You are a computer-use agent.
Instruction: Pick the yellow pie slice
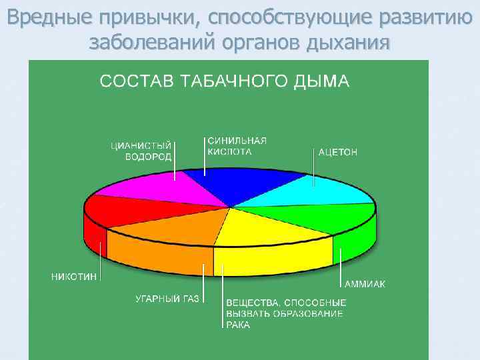tap(273, 233)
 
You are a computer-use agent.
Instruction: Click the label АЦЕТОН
tap(338, 152)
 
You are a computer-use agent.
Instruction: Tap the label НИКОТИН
tap(74, 276)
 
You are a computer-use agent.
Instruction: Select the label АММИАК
tap(365, 284)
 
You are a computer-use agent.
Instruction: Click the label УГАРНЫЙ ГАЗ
tap(167, 299)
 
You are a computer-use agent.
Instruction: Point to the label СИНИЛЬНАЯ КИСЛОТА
tap(237, 146)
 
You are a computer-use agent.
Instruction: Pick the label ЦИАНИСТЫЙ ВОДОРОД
tap(141, 151)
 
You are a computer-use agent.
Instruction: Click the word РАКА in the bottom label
tap(238, 325)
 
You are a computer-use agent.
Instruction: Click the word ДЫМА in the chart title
tap(325, 81)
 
